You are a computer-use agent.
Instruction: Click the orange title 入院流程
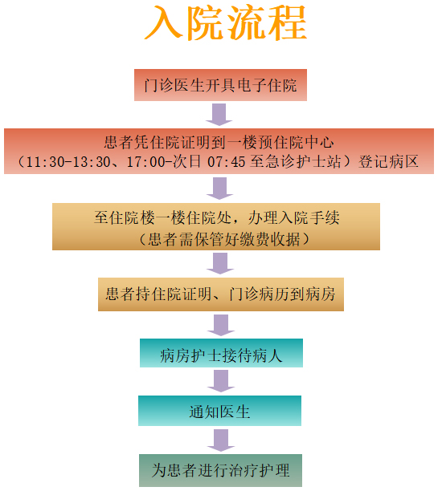coord(226,22)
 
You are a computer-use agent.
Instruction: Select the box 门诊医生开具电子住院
coord(220,85)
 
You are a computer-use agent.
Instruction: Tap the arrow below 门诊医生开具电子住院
coord(219,115)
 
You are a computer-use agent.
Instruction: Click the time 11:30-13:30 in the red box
coord(68,162)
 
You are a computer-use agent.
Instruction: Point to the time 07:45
coord(226,162)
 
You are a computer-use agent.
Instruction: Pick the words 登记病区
coord(388,162)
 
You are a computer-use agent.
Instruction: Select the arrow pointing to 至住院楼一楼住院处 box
coord(219,189)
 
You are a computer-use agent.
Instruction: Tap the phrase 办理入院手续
coord(294,217)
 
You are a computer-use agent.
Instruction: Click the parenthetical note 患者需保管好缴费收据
coord(224,239)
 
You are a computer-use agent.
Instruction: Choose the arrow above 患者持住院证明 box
coord(220,263)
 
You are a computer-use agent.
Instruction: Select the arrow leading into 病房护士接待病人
coord(221,325)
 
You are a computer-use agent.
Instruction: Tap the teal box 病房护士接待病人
coord(221,353)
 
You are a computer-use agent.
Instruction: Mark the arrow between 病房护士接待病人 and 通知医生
coord(221,381)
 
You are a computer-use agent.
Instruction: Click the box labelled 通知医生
coord(219,411)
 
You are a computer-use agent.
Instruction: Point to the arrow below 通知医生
coord(221,440)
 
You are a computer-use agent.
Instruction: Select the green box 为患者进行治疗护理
coord(220,470)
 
